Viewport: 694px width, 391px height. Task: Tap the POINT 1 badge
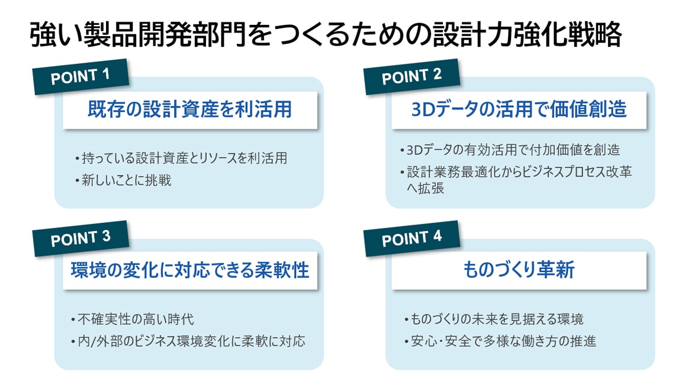[81, 76]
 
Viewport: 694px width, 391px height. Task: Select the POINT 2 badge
[412, 76]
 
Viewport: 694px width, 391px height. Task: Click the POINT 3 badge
[81, 239]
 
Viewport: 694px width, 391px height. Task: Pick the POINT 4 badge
[412, 239]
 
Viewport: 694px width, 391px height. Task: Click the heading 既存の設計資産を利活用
[190, 110]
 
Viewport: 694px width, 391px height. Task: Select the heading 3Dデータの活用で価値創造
[519, 110]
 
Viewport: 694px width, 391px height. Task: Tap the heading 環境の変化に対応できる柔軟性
[190, 270]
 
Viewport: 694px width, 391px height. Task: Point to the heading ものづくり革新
[519, 270]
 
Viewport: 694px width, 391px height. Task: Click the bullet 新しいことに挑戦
[123, 180]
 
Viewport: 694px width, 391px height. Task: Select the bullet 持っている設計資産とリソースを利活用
[181, 158]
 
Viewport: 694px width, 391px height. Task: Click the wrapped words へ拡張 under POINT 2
[425, 188]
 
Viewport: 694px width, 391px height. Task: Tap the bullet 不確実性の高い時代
[132, 319]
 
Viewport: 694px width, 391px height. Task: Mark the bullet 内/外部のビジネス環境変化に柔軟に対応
[188, 341]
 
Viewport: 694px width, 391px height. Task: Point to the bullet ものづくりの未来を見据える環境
[494, 319]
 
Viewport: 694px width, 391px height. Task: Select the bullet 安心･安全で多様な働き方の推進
[500, 341]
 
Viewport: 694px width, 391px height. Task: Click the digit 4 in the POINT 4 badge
[437, 236]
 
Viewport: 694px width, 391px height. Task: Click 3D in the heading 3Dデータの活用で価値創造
[423, 110]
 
